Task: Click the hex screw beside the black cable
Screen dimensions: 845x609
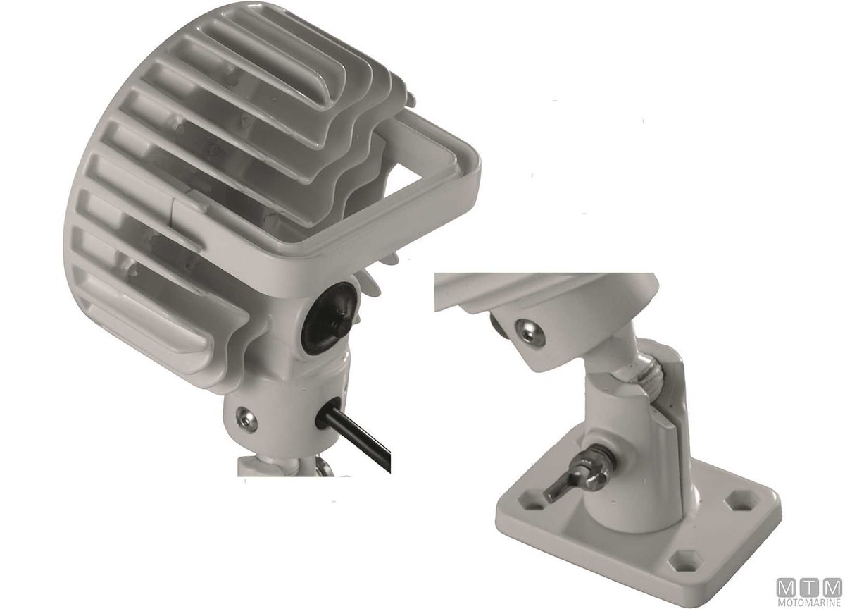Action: click(x=246, y=419)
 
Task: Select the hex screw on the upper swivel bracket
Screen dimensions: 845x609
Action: click(x=530, y=333)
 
